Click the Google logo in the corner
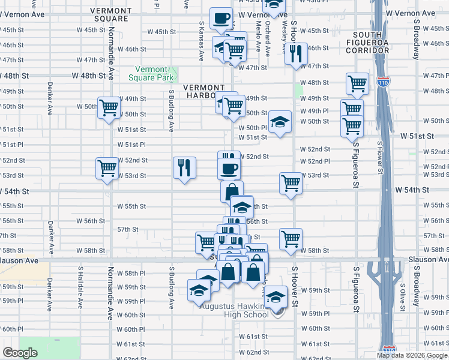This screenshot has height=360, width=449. pyautogui.click(x=20, y=353)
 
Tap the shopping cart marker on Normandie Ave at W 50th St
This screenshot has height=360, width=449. pyautogui.click(x=109, y=108)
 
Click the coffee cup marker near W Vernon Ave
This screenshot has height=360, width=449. pyautogui.click(x=221, y=18)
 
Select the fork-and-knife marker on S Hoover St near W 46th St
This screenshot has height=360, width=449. pyautogui.click(x=295, y=55)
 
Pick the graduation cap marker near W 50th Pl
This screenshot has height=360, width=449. pyautogui.click(x=280, y=122)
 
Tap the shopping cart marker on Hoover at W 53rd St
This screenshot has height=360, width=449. pyautogui.click(x=291, y=182)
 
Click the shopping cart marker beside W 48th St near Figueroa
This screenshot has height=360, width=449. pyautogui.click(x=357, y=83)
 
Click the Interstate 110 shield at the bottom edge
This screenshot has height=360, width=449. pyautogui.click(x=388, y=349)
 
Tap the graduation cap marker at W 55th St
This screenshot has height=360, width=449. pyautogui.click(x=241, y=206)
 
